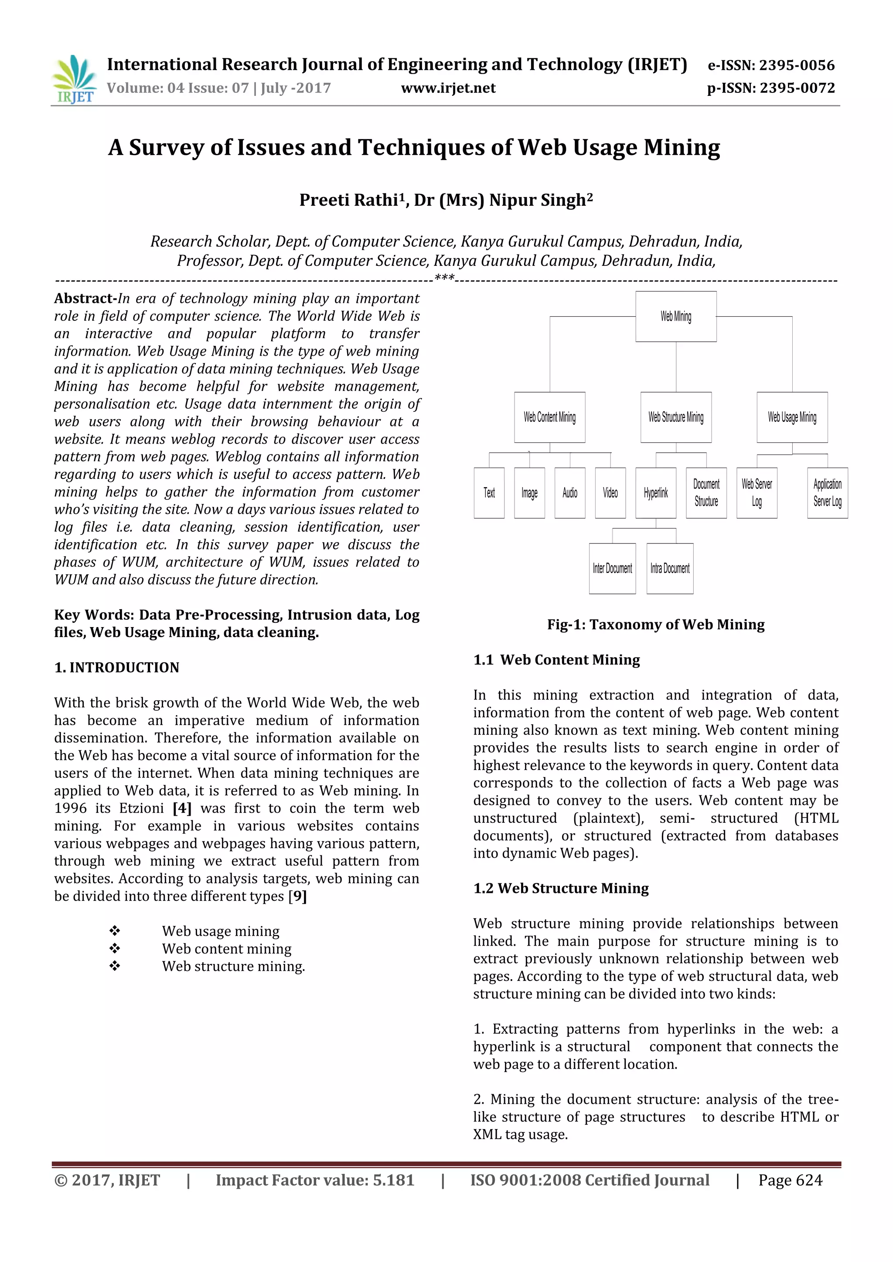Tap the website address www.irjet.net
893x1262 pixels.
448,88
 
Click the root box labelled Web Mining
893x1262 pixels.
676,317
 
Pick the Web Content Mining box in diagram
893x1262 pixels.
549,417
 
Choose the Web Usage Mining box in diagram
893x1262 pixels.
792,417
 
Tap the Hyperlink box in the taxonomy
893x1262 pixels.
655,493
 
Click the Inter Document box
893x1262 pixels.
612,568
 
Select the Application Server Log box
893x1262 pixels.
828,493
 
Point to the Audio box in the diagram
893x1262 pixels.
569,493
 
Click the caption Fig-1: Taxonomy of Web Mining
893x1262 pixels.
655,624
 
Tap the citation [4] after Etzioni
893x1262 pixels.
182,808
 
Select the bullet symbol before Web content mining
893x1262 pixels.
114,948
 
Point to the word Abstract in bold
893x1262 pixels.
84,299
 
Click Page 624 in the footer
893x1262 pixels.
790,1180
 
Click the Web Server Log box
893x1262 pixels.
757,493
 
